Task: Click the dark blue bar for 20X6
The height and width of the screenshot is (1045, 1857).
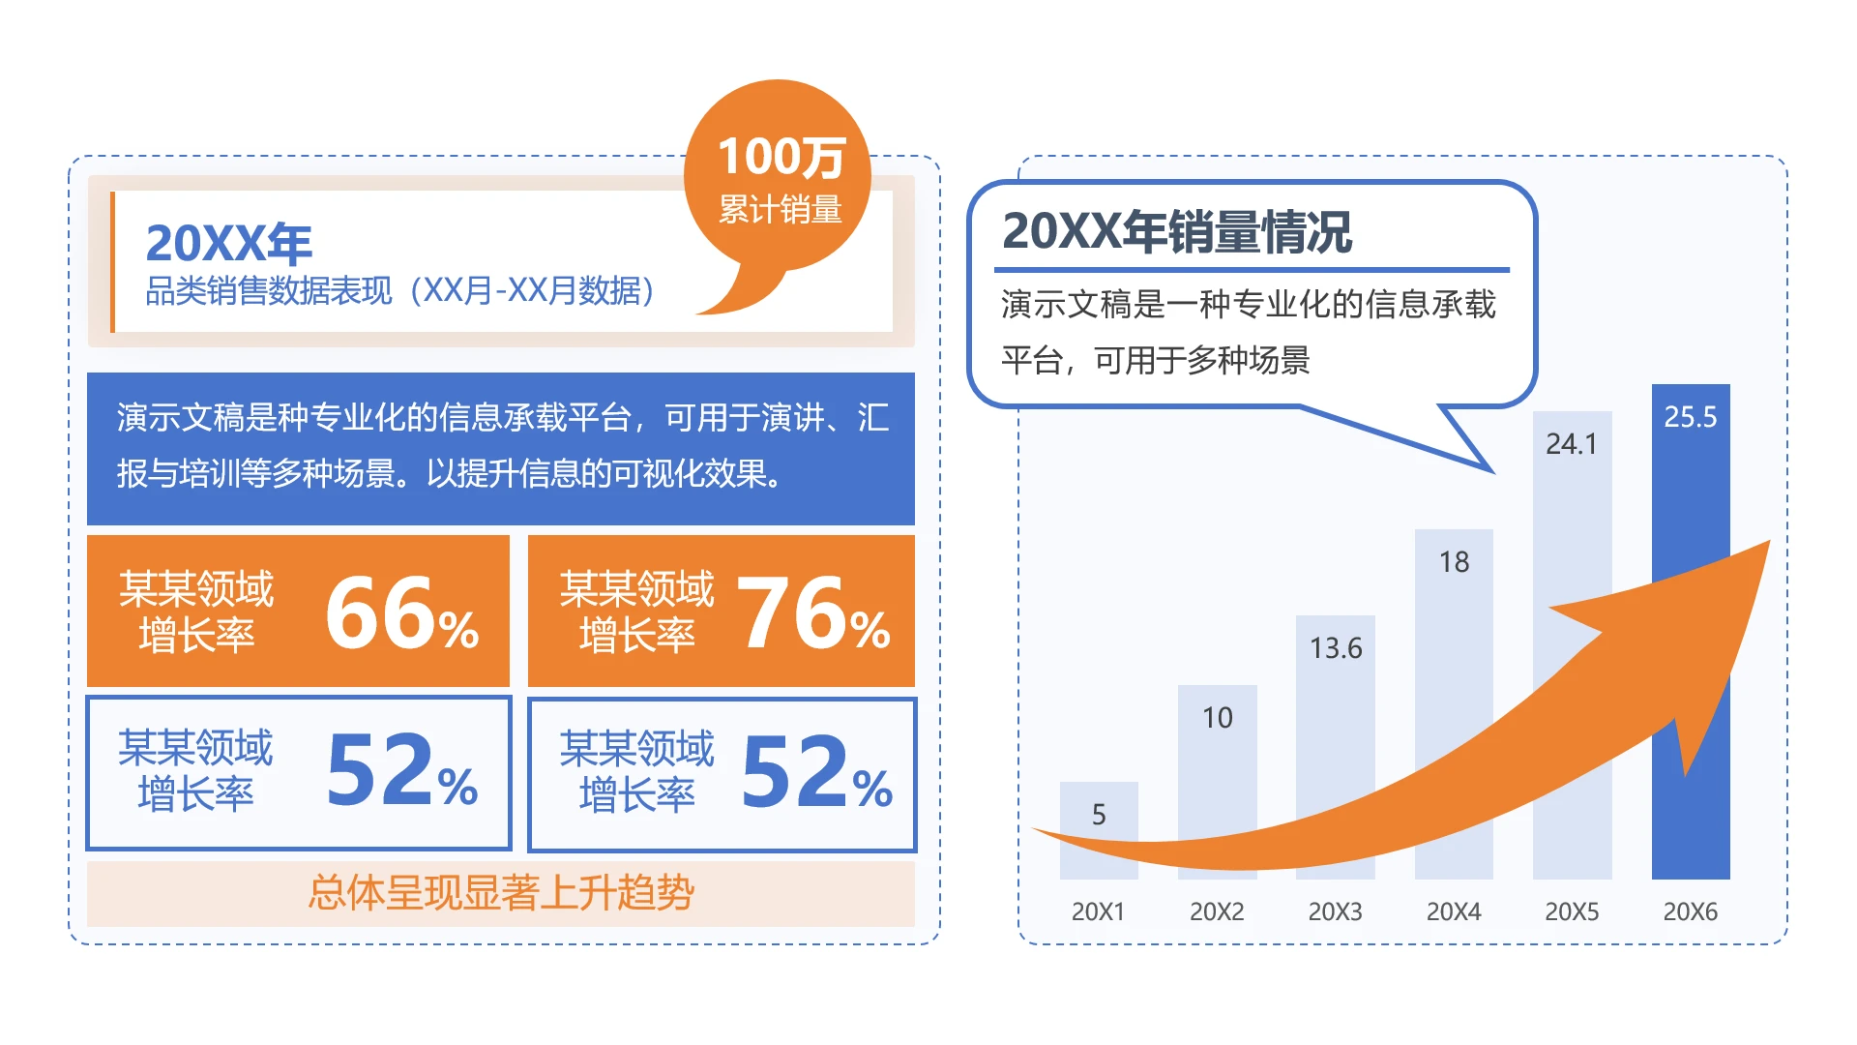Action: (1691, 484)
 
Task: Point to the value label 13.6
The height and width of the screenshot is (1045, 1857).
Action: (1336, 648)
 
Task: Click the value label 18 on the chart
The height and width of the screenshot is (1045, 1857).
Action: (1454, 562)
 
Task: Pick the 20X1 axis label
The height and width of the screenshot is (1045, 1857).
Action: (1098, 911)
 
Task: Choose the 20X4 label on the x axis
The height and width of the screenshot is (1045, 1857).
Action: (1454, 911)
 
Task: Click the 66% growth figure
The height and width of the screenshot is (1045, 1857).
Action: (401, 613)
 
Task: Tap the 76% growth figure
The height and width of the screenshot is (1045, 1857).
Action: (813, 613)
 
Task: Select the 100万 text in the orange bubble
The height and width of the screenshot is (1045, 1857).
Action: (781, 157)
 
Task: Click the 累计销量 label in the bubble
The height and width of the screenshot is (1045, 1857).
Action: (780, 209)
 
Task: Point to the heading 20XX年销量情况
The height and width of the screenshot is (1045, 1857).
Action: (1176, 232)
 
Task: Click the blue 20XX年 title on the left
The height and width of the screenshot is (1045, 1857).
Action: (229, 243)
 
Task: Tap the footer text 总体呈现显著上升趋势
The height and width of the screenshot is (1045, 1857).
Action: (501, 892)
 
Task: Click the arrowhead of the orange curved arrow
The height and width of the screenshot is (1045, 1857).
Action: (1702, 629)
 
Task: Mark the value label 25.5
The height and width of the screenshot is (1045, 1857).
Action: (1691, 417)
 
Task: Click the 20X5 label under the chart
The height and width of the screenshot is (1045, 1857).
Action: (1572, 911)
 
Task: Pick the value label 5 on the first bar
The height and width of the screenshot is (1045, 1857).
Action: (1099, 815)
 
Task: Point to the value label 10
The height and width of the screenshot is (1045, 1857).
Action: (1218, 718)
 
